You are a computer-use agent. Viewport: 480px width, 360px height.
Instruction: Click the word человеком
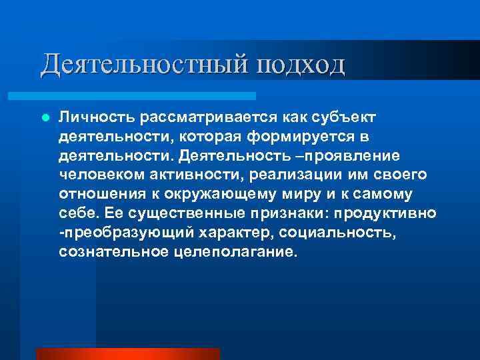[101, 175]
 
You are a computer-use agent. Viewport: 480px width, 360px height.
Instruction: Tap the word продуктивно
[387, 213]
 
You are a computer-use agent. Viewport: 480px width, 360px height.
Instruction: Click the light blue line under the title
[147, 96]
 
